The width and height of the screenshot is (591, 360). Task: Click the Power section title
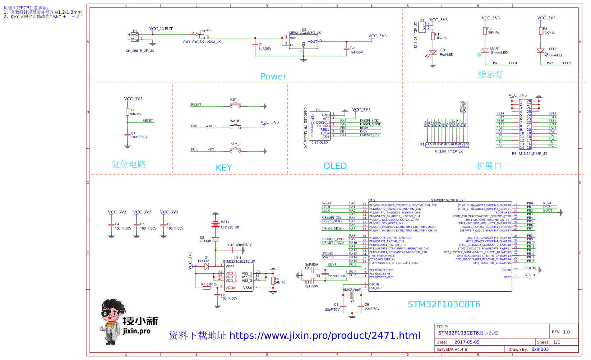[273, 77]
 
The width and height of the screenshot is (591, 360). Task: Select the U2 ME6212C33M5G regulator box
[304, 42]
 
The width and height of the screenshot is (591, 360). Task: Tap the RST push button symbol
[235, 105]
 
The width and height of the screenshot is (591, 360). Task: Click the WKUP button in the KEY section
[235, 127]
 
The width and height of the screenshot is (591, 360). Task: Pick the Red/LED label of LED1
[446, 55]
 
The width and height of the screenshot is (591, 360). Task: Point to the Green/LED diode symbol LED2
[485, 51]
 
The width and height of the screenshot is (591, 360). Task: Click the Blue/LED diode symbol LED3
[541, 51]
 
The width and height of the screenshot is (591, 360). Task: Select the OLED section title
[335, 166]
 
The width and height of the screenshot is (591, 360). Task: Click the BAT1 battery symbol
[216, 224]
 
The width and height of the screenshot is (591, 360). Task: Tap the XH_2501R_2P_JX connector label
[140, 51]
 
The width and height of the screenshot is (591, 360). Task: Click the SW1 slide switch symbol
[202, 34]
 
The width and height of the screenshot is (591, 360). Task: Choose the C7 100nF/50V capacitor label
[139, 135]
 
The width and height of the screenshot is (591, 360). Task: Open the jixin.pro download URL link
[325, 336]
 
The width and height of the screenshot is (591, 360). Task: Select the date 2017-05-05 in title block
[467, 342]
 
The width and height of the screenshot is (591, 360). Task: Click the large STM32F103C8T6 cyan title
[444, 305]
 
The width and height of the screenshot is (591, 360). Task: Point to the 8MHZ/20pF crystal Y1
[352, 295]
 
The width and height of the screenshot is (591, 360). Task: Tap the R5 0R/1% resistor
[273, 281]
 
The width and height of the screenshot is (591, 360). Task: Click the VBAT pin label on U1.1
[230, 266]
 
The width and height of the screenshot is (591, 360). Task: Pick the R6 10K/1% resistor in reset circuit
[127, 112]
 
